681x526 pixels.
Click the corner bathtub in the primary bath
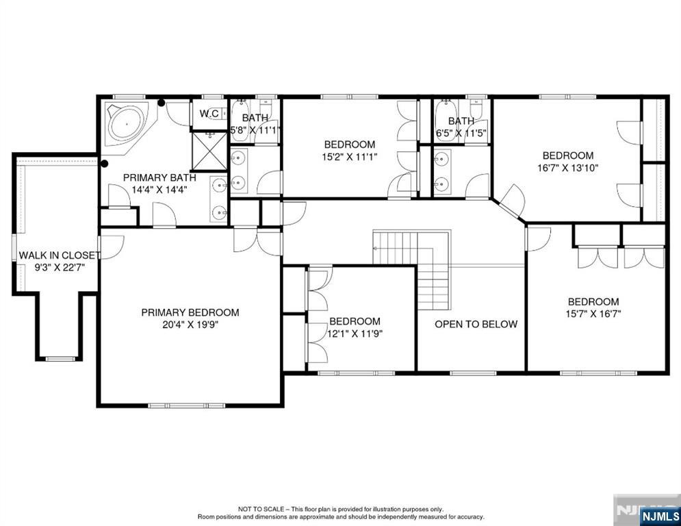point(127,123)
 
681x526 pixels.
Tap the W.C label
point(209,114)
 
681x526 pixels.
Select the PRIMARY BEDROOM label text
point(190,312)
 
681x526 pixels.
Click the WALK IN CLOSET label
point(60,255)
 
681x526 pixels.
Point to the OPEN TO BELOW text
point(476,324)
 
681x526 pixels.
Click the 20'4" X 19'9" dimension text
point(190,325)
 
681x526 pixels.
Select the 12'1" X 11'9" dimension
point(355,334)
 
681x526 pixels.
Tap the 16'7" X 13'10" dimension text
point(568,168)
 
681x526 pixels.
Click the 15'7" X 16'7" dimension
point(593,314)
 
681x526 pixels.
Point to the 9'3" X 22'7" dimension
point(60,267)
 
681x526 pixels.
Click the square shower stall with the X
point(209,151)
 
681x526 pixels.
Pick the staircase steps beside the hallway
point(411,265)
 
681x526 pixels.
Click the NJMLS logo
point(660,516)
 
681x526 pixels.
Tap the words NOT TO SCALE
point(261,509)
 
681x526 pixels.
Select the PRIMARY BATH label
point(159,178)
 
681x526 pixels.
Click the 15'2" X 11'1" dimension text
point(350,156)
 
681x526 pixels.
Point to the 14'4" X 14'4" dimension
point(159,190)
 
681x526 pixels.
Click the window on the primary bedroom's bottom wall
point(187,405)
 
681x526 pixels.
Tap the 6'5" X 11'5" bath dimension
point(461,133)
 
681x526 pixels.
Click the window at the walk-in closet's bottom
point(60,359)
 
